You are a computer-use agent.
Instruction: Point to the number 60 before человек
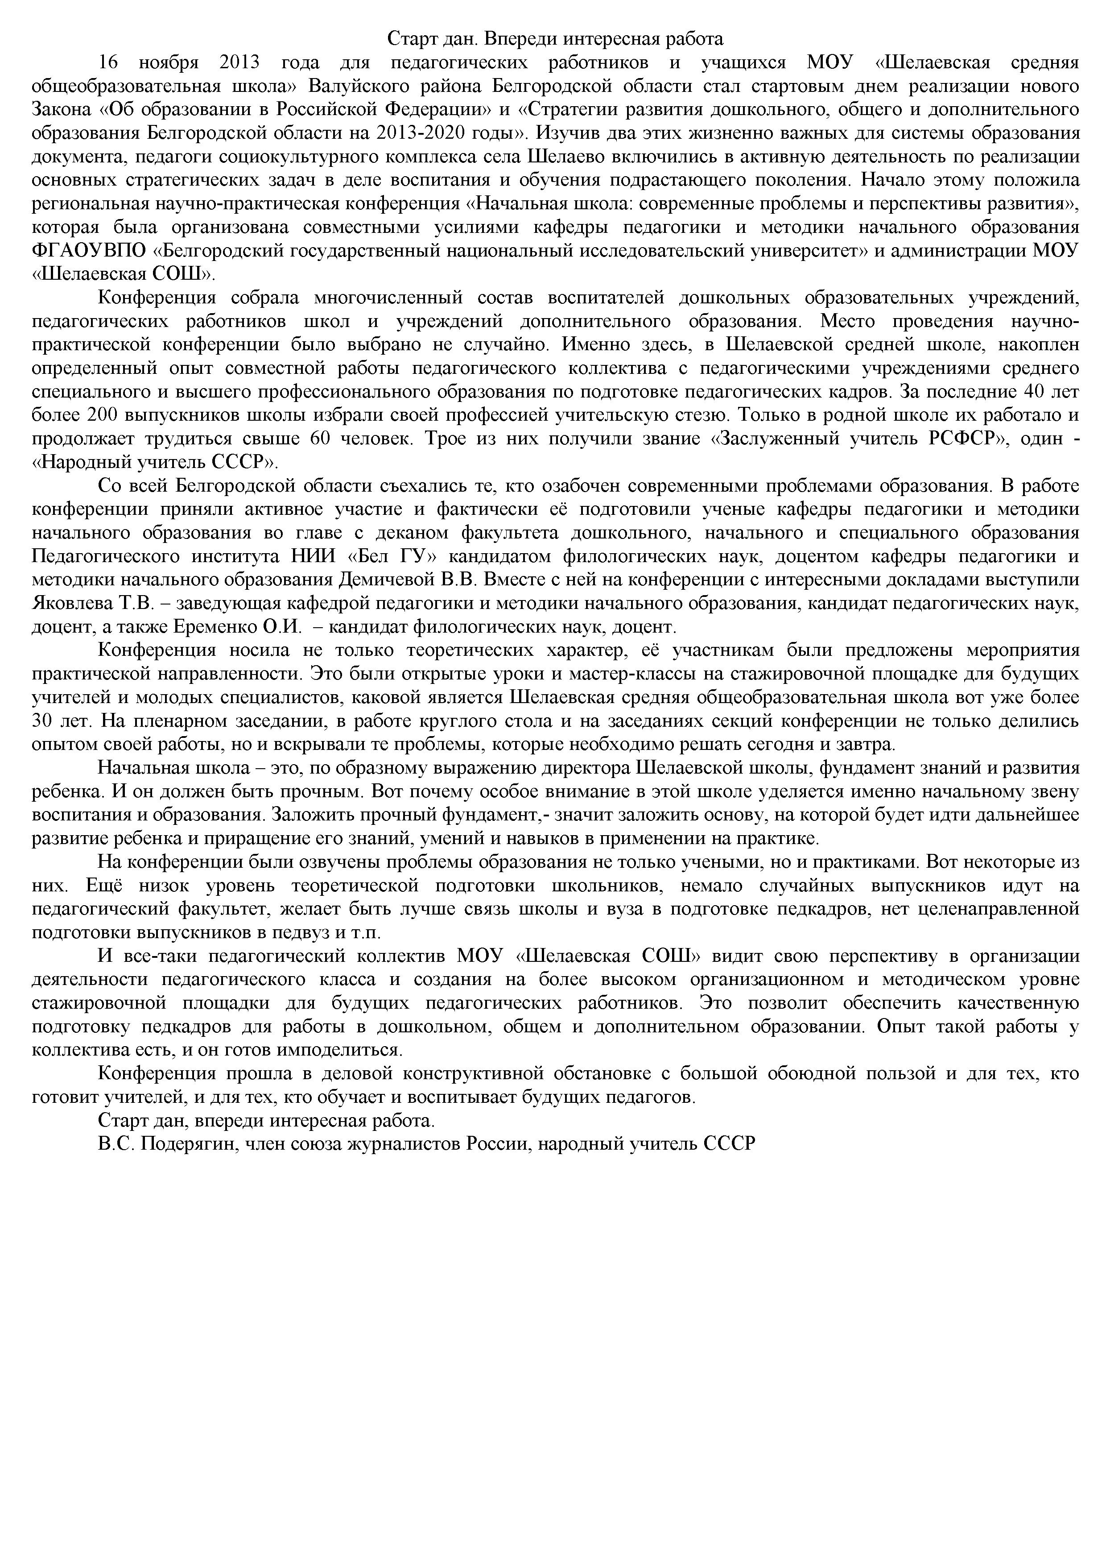click(x=320, y=439)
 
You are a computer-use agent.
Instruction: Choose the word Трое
click(x=447, y=439)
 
